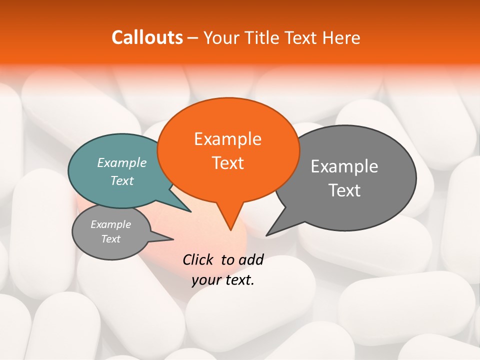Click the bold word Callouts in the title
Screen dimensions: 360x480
click(147, 37)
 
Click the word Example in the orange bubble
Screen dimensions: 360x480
click(227, 139)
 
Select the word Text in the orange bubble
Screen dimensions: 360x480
click(228, 163)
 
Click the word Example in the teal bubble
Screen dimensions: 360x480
click(122, 163)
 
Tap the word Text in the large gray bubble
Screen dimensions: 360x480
click(344, 190)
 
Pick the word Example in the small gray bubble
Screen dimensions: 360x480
click(110, 224)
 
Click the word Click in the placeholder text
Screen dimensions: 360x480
click(198, 259)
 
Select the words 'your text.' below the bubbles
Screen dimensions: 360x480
click(223, 280)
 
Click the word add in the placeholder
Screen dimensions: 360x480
click(250, 259)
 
